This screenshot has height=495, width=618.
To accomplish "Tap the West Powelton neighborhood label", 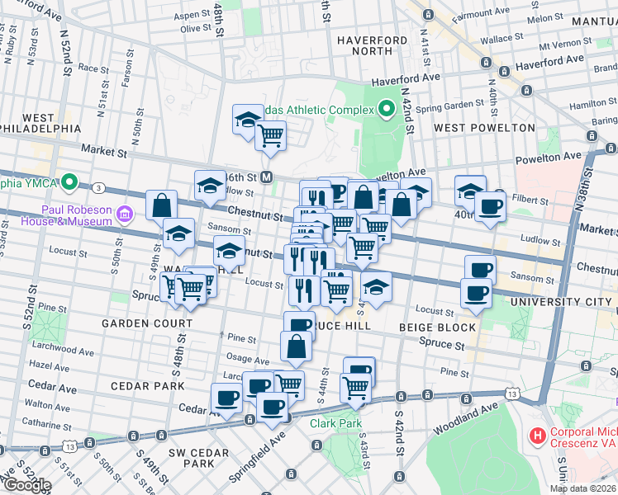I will click(x=484, y=128).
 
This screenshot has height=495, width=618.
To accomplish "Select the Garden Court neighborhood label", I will click(x=140, y=323).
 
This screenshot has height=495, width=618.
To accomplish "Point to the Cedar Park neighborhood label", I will click(x=146, y=385).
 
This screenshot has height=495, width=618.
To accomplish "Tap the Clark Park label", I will click(x=336, y=423).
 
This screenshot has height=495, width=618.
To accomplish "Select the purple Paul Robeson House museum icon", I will click(x=125, y=214).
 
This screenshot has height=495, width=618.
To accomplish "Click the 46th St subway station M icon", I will click(x=267, y=177).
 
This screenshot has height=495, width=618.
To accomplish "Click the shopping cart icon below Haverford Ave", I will click(x=270, y=134).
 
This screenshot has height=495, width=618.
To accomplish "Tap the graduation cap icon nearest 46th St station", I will click(x=210, y=184).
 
